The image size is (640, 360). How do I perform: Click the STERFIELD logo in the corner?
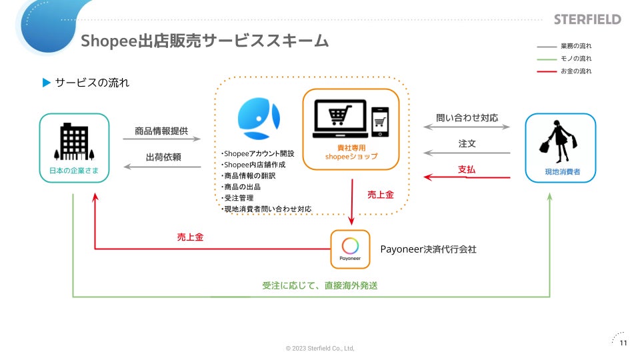pyautogui.click(x=587, y=19)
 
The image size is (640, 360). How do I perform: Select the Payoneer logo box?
pyautogui.click(x=350, y=248)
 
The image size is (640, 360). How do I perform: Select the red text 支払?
pyautogui.click(x=467, y=170)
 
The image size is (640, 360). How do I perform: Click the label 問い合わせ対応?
pyautogui.click(x=467, y=118)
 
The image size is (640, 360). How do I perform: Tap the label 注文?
pyautogui.click(x=467, y=143)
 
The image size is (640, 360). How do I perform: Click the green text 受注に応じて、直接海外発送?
pyautogui.click(x=320, y=285)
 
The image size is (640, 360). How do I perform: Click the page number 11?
pyautogui.click(x=623, y=343)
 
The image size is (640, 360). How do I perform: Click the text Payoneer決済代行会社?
pyautogui.click(x=428, y=249)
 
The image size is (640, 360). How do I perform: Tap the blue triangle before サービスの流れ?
pyautogui.click(x=47, y=83)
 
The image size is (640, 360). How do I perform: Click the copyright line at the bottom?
pyautogui.click(x=320, y=348)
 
